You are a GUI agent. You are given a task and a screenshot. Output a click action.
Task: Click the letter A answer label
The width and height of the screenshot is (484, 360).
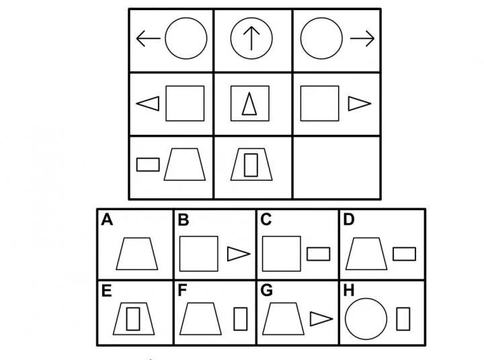106,220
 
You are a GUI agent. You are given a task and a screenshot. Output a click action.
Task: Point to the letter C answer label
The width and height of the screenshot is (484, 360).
266,220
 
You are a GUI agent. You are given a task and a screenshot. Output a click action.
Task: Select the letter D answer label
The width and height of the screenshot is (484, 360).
349,220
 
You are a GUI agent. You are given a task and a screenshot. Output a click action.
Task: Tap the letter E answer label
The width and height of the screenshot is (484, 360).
106,291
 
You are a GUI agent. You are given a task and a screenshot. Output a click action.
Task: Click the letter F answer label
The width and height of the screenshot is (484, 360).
183,291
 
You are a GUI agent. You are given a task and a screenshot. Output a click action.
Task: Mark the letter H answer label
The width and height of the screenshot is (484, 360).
349,291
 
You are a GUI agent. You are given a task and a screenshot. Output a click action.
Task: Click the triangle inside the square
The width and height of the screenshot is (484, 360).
249,104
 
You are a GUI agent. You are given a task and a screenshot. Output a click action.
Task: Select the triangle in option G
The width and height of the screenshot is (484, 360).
321,318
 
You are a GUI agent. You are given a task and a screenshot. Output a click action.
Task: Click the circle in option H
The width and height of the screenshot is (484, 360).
366,318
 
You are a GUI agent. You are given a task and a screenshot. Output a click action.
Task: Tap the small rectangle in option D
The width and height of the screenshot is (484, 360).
404,254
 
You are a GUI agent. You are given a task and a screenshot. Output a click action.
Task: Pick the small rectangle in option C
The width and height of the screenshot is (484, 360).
318,254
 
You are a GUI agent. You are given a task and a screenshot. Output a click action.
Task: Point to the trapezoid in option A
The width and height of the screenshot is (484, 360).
136,254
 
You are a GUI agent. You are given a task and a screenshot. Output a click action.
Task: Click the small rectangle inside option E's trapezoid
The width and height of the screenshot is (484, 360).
133,318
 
